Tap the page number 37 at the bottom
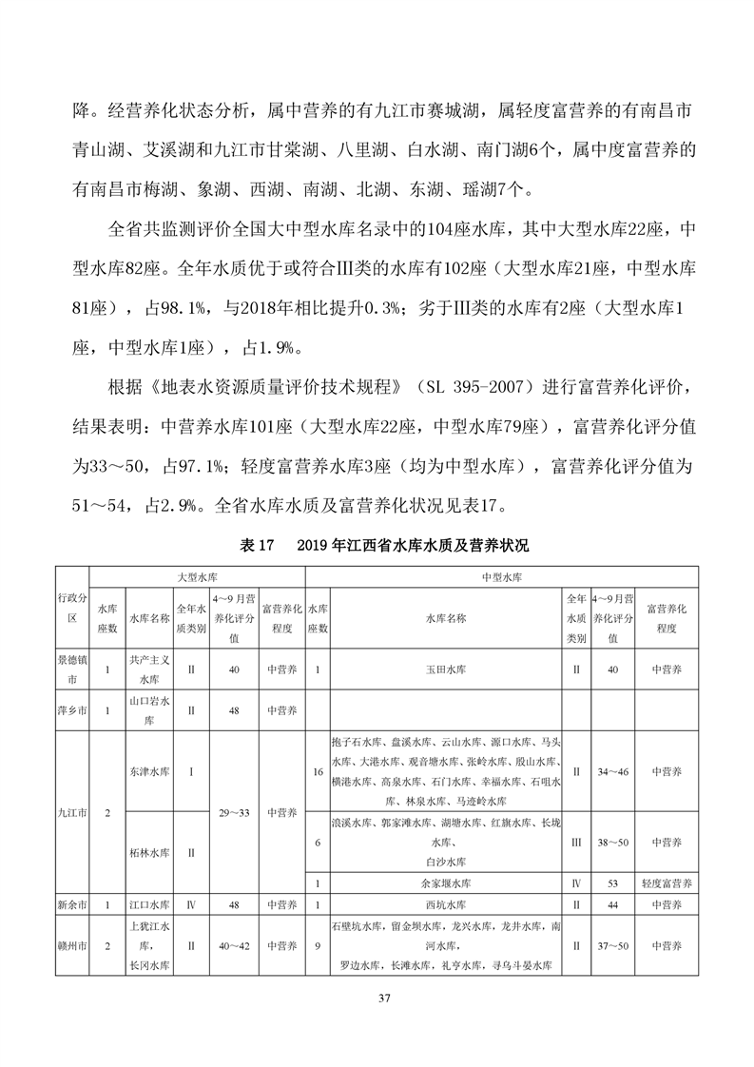pyautogui.click(x=384, y=999)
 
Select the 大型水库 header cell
pyautogui.click(x=197, y=576)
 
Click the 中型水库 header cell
pyautogui.click(x=503, y=576)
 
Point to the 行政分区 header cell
pyautogui.click(x=71, y=609)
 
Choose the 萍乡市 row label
pyautogui.click(x=71, y=709)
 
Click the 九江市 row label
pyautogui.click(x=71, y=813)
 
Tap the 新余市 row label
pyautogui.click(x=71, y=903)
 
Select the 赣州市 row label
pyautogui.click(x=71, y=946)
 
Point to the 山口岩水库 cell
pyautogui.click(x=150, y=709)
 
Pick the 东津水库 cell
pyautogui.click(x=150, y=771)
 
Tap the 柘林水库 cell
pyautogui.click(x=150, y=852)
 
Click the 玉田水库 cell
pyautogui.click(x=446, y=669)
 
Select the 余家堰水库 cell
pyautogui.click(x=446, y=883)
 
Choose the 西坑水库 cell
pyautogui.click(x=446, y=903)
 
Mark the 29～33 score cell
pyautogui.click(x=234, y=813)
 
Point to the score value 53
pyautogui.click(x=613, y=883)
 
